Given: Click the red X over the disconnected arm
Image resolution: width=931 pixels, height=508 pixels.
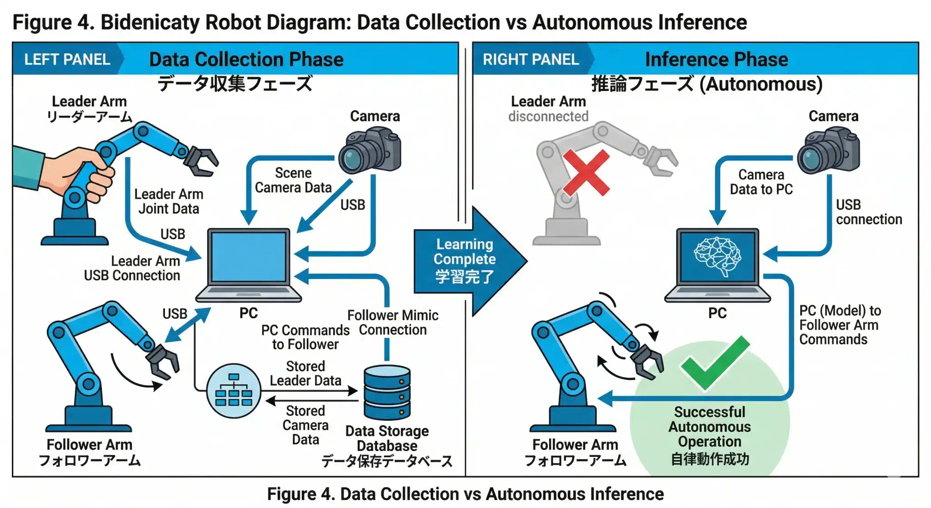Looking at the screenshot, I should [586, 172].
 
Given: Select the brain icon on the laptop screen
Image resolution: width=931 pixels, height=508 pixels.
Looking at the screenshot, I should [717, 256].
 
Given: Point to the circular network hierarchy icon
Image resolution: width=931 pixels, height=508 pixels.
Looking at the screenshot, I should [234, 391].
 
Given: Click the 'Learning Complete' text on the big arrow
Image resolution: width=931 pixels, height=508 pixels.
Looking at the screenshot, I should [464, 251].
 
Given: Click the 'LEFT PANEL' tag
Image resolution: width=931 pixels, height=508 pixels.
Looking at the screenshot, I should [67, 60].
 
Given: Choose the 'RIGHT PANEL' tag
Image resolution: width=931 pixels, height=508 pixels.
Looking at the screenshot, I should [531, 60].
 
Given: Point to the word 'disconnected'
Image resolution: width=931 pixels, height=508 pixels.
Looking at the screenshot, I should [548, 117].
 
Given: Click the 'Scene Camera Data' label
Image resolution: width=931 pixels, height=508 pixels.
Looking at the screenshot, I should [293, 181].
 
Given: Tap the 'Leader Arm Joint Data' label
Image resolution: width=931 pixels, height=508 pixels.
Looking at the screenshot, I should [169, 201].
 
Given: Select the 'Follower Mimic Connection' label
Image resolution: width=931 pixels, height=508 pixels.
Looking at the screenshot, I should [393, 322].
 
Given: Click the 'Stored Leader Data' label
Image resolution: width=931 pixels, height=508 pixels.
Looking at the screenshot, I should [305, 373].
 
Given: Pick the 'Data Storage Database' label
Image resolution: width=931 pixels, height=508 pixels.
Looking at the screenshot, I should [387, 438].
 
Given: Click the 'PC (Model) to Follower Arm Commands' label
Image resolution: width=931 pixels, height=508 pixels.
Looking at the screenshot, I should [839, 325].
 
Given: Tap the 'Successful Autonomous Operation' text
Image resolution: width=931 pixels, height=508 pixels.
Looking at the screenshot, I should [710, 427].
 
